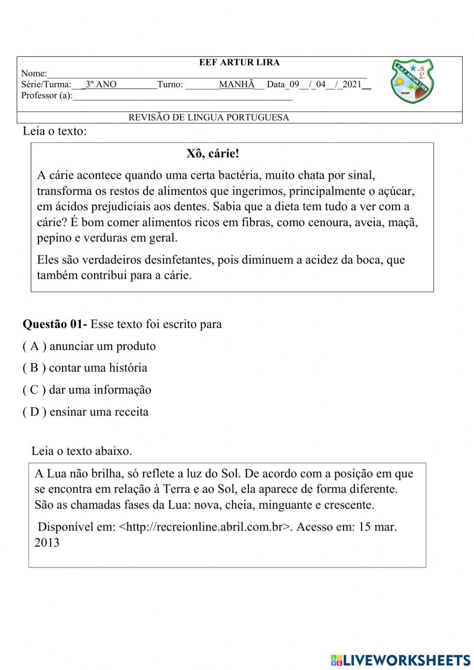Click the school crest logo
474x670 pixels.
coord(412,82)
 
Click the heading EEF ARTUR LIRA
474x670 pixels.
coord(239,63)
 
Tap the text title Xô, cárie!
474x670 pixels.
coord(213,154)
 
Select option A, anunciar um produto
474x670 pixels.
coord(89,346)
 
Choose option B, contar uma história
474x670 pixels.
coord(85,368)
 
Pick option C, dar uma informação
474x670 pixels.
coord(87,390)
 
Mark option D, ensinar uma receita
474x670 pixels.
coord(85,412)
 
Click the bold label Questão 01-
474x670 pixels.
coord(55,324)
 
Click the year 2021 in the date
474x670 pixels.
coord(351,85)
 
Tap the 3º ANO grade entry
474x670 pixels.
coord(101,85)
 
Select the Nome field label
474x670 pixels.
coord(34,73)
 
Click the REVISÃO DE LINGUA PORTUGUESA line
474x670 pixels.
coord(209,118)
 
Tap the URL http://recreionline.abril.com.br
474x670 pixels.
coord(204,527)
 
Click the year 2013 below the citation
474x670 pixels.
coord(47,542)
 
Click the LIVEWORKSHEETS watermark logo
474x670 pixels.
coord(400,660)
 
